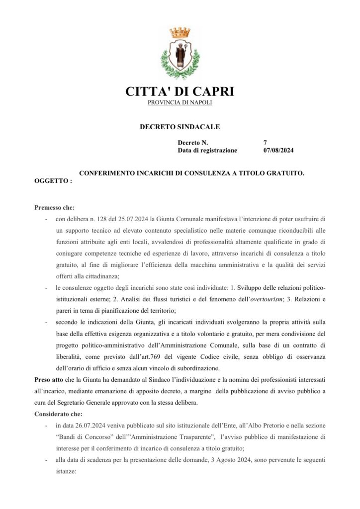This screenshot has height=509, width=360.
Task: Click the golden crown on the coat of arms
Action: tap(180, 32)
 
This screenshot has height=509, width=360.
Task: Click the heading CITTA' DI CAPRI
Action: tap(180, 91)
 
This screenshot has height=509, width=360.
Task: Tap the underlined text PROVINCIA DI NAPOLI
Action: tap(180, 102)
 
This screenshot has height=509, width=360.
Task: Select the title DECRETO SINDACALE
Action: tap(180, 127)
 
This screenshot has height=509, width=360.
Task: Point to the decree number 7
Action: tap(265, 143)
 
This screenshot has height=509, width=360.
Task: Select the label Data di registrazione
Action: tap(207, 150)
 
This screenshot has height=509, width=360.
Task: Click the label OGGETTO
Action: tap(53, 181)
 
